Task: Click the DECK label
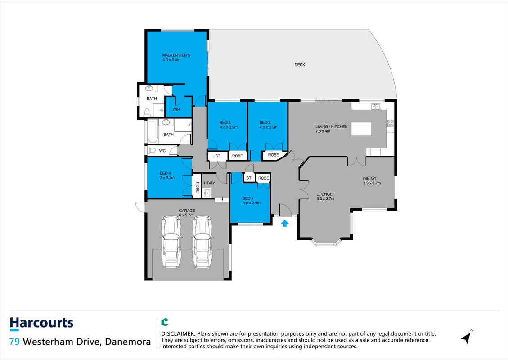point(300,65)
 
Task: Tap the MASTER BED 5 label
point(176,55)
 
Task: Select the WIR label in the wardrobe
point(176,109)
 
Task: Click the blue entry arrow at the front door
point(284,223)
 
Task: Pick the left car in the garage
point(171,242)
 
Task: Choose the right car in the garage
point(202,242)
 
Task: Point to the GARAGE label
point(187,211)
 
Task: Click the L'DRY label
point(209,183)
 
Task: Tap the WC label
point(162,151)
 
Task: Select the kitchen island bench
point(362,129)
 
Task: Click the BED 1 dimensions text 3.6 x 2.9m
point(252,203)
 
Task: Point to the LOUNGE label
point(324,194)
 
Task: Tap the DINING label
point(370,179)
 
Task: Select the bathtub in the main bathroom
point(153,131)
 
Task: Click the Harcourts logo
point(41,324)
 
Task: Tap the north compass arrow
point(467,337)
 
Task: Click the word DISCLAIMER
point(178,334)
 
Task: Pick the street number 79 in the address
point(14,342)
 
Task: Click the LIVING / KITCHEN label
point(332,127)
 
